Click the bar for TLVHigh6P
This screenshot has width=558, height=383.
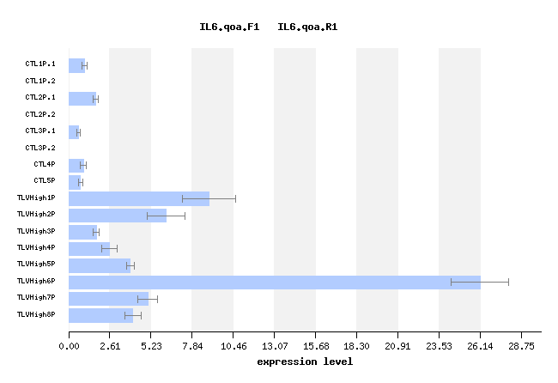275,282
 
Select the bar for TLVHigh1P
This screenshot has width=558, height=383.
139,198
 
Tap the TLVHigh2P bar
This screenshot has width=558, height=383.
118,216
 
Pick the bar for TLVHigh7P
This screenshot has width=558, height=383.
108,299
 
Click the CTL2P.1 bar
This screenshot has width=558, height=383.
82,99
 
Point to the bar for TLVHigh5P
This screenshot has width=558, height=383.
100,265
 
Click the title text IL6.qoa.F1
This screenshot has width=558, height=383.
229,27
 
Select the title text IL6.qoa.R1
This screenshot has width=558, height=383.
307,27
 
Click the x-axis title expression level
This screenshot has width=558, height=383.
305,362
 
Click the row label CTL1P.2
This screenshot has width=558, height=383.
40,81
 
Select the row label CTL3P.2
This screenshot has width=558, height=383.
40,148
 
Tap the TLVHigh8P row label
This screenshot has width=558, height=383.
36,315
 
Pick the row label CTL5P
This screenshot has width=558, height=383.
45,181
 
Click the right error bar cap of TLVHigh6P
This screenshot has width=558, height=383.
508,282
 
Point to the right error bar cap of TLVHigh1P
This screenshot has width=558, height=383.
235,198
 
